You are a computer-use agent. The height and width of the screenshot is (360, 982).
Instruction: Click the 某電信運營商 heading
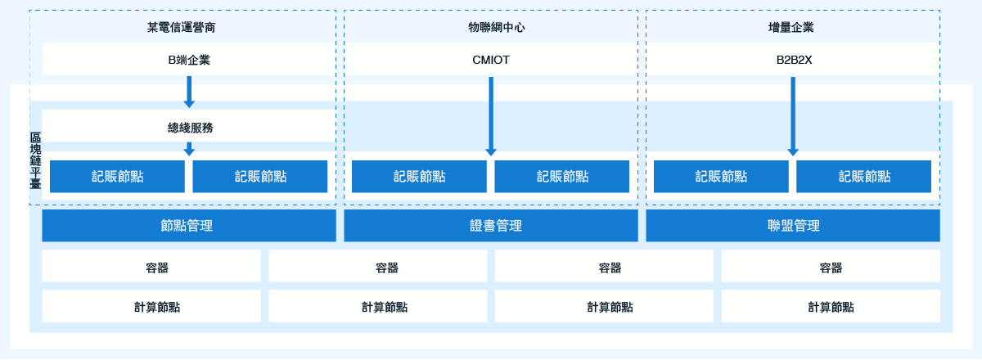(181, 28)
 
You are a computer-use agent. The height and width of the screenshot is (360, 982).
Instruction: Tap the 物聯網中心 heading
(496, 28)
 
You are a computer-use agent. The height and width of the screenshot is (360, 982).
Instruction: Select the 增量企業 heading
(791, 28)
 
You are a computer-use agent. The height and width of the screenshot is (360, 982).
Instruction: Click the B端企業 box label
(189, 60)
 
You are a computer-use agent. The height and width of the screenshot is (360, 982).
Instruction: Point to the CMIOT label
(490, 60)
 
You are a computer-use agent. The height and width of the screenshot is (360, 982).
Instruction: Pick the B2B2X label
(794, 60)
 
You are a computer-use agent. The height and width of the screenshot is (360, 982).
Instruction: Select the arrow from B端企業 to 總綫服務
(189, 92)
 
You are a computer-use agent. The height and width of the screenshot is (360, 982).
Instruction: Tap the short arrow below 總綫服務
(189, 149)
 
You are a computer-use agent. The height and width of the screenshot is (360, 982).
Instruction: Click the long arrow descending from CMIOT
(491, 116)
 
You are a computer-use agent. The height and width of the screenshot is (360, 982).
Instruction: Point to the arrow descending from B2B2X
(793, 116)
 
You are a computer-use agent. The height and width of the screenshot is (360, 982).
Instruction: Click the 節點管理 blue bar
(189, 225)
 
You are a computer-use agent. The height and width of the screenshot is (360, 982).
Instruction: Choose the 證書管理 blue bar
(491, 225)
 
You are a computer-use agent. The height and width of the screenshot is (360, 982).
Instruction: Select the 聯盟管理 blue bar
(793, 225)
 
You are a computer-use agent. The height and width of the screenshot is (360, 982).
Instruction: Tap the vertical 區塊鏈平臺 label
(35, 160)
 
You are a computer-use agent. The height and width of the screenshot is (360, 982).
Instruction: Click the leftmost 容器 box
(151, 266)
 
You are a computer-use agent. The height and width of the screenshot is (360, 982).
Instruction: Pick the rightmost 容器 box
(831, 266)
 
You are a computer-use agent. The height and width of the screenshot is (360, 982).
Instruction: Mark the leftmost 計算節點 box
(151, 306)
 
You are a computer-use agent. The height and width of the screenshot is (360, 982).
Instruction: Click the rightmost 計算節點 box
(831, 306)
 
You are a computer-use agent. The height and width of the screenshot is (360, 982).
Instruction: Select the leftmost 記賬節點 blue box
(117, 176)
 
